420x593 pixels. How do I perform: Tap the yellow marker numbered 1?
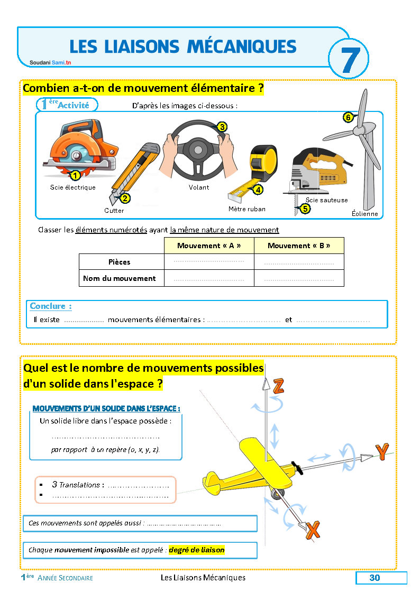tap(75, 175)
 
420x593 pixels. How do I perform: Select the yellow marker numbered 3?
tap(222, 127)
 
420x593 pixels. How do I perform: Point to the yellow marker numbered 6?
tap(348, 118)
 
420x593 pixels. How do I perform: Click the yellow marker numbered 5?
tap(305, 209)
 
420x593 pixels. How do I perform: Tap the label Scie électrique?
tap(72, 187)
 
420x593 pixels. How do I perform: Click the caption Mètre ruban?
tap(246, 209)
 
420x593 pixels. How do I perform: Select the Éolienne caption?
tap(365, 214)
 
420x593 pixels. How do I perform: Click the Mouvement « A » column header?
tap(209, 246)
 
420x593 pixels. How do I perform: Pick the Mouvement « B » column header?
tap(299, 246)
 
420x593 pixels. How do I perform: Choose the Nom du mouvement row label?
tap(120, 278)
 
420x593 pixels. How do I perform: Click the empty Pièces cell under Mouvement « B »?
tap(299, 262)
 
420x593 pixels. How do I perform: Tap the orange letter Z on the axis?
tap(279, 388)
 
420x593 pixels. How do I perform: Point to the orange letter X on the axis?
tap(313, 529)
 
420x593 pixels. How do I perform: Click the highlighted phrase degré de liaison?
tap(197, 550)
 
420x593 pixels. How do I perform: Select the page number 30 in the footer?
tap(375, 578)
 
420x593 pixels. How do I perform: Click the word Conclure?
tap(51, 306)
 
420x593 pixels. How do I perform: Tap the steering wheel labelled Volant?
tap(196, 150)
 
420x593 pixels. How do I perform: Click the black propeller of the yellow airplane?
tap(297, 468)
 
